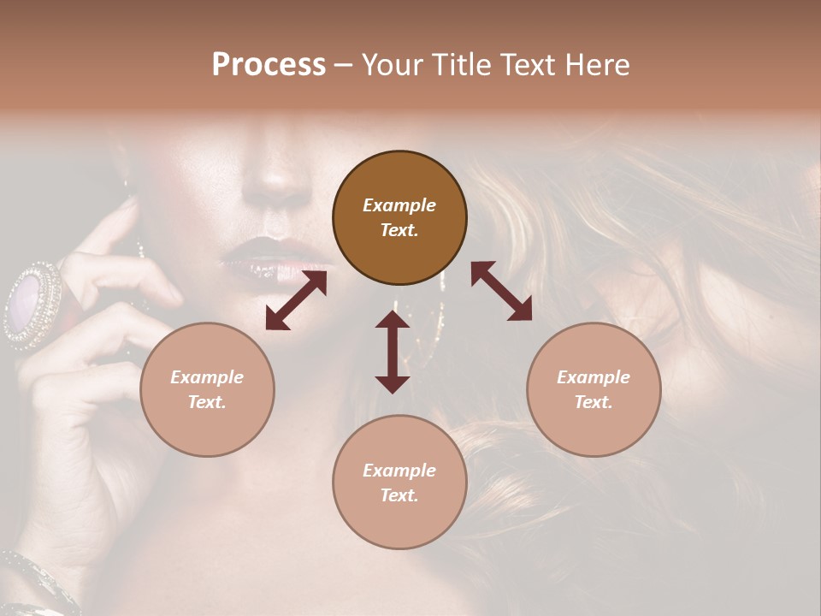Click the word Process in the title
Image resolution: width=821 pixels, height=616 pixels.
point(269,65)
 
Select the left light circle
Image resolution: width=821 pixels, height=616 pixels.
point(207,389)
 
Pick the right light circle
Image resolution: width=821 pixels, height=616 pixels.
point(594,389)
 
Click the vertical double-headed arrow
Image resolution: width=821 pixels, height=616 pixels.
point(393,352)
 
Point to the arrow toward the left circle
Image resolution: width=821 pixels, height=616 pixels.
point(296,299)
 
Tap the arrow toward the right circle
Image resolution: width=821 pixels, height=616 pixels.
point(502,291)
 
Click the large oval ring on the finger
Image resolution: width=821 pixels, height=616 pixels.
point(32,304)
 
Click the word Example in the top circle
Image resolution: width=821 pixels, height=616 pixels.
point(399,205)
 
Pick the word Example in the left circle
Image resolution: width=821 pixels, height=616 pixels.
point(207,377)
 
